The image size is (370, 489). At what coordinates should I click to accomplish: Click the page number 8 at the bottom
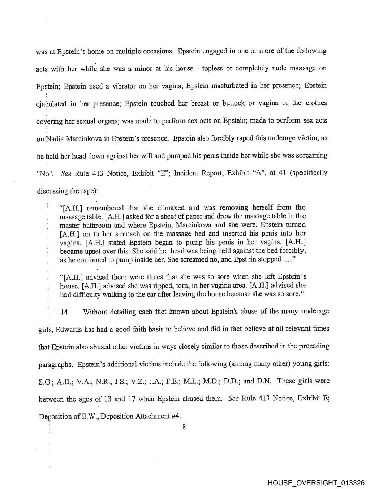click(184, 427)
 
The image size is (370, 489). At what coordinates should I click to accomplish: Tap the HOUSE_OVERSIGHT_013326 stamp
click(316, 483)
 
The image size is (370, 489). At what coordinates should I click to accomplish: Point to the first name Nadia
click(55, 139)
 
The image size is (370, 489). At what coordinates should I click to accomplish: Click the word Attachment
click(152, 416)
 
